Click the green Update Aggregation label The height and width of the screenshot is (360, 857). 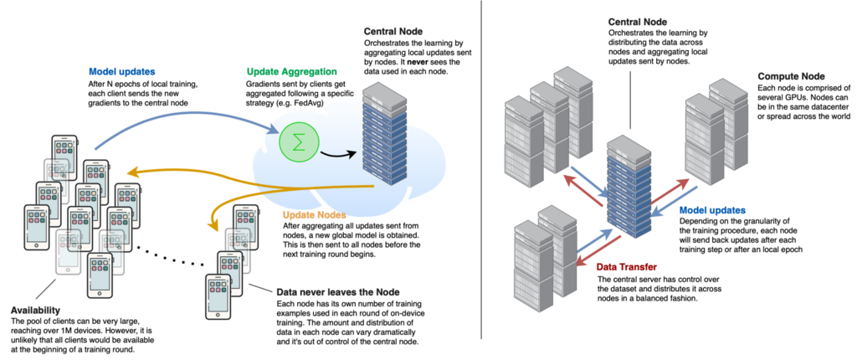(x=292, y=72)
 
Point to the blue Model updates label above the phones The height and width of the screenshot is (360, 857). (x=121, y=72)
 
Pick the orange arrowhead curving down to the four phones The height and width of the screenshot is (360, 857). (x=212, y=224)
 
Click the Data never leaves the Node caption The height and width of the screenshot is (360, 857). (x=337, y=292)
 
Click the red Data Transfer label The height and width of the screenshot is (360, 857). (x=626, y=267)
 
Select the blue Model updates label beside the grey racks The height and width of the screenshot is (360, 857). (x=712, y=210)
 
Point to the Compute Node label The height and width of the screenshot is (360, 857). (x=791, y=76)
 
